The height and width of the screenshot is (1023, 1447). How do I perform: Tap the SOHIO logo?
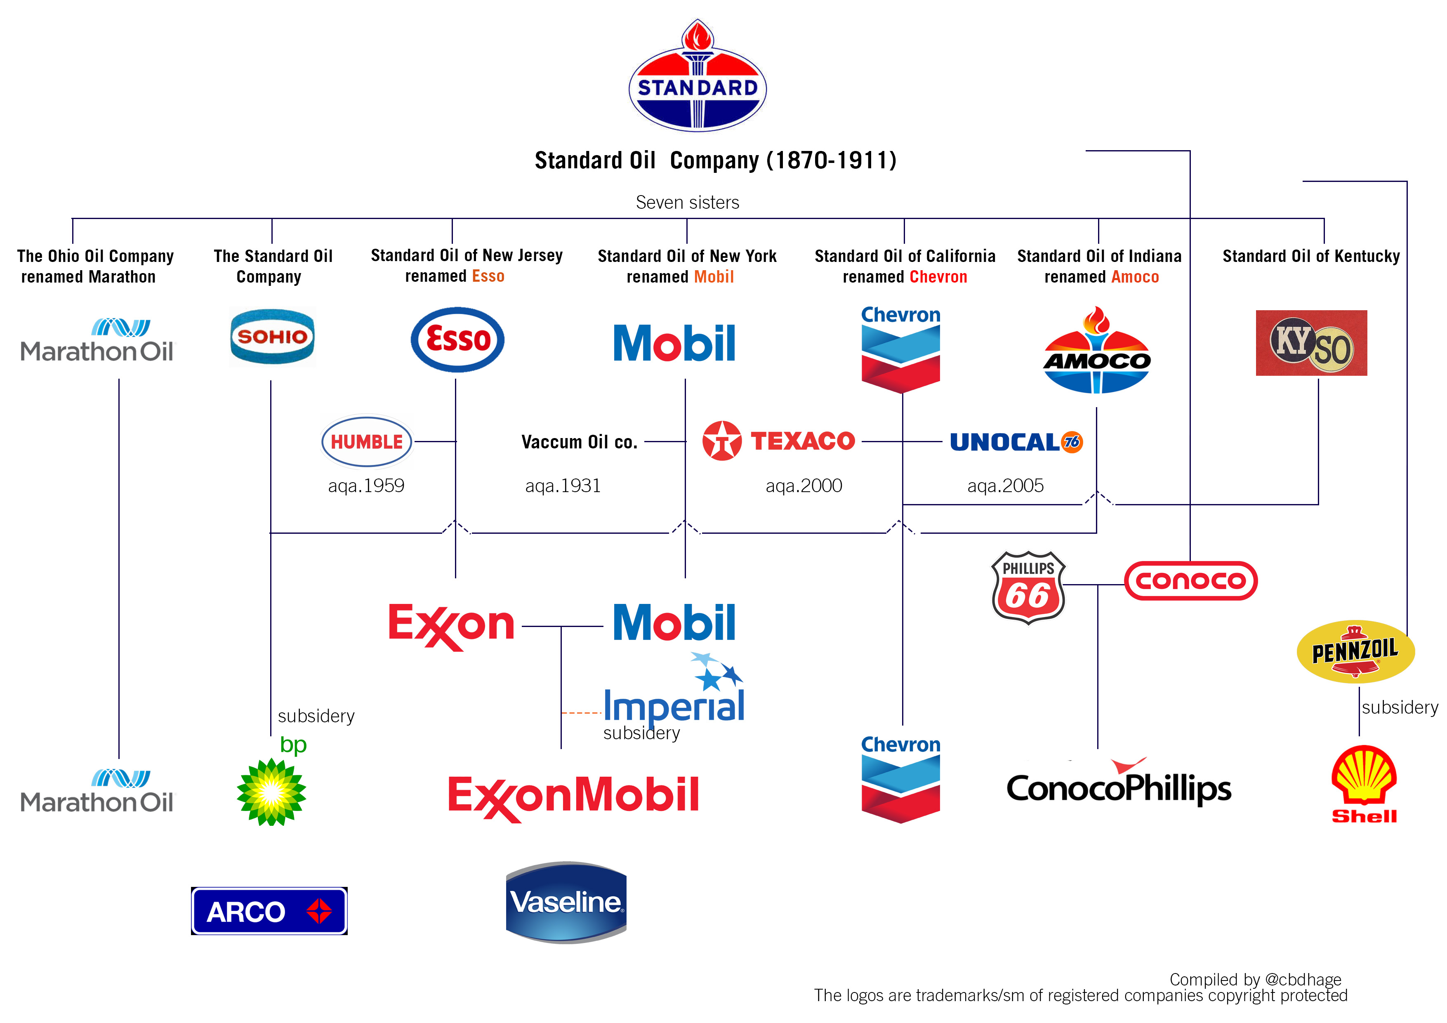click(272, 337)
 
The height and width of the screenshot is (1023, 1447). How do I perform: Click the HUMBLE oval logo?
click(366, 442)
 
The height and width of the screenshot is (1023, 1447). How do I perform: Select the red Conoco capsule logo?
click(1190, 580)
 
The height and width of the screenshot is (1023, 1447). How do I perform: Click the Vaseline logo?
click(566, 902)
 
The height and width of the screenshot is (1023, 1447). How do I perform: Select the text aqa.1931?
click(563, 486)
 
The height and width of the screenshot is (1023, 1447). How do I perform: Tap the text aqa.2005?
click(1005, 486)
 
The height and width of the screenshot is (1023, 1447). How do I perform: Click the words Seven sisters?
click(687, 202)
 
